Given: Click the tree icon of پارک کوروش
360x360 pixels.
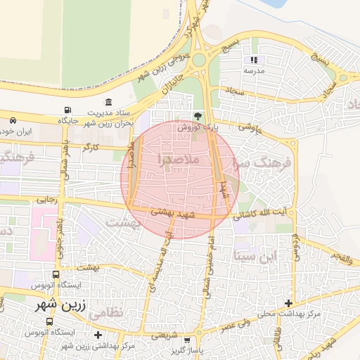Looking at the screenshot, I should [197, 116].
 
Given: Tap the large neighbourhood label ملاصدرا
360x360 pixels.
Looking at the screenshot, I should [180, 159].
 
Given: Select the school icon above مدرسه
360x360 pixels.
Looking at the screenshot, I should [254, 60].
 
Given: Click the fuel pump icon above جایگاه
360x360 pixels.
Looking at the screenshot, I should [67, 110].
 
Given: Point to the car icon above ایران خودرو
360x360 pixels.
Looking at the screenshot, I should [13, 120].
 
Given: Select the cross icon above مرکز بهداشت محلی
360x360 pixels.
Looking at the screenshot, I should [289, 302].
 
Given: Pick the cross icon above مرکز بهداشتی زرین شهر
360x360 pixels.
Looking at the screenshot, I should [98, 335].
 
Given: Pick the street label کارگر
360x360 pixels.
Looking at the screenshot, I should [91, 148].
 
